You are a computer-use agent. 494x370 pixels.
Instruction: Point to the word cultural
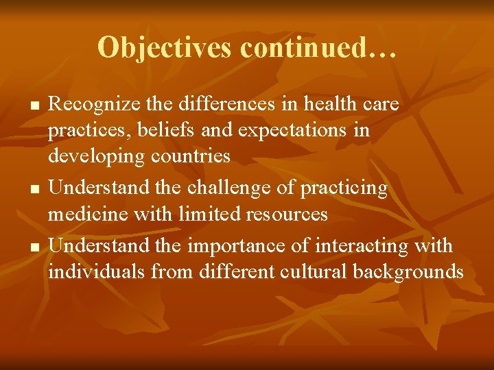coord(313,271)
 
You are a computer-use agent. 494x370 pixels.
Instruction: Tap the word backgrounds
coord(408,272)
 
